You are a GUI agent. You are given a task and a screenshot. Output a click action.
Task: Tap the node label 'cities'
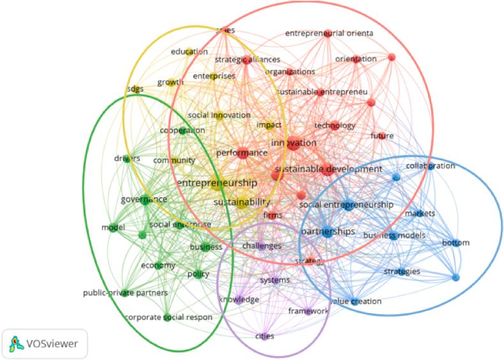[x=265, y=336]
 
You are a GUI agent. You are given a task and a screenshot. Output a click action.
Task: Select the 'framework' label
[x=308, y=311]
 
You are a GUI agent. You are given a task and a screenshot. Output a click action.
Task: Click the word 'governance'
[x=144, y=199]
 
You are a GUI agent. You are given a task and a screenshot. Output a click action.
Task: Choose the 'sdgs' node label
[x=135, y=89]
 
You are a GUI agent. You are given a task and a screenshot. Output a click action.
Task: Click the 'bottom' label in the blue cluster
[x=455, y=243]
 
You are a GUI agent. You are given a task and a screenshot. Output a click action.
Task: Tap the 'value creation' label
[x=355, y=301]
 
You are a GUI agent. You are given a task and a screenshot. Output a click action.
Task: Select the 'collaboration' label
[x=431, y=166]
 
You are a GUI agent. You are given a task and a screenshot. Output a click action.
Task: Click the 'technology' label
[x=334, y=126]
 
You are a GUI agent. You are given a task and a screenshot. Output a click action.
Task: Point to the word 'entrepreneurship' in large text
[x=217, y=183]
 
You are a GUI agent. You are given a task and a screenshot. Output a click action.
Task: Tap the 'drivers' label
[x=126, y=158]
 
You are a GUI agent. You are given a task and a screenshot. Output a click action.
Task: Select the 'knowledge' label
[x=239, y=299]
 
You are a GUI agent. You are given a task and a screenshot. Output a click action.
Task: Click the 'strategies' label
[x=402, y=272]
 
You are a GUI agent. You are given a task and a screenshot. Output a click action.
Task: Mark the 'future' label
[x=382, y=136]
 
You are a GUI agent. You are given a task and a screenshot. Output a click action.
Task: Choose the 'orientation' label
[x=356, y=59]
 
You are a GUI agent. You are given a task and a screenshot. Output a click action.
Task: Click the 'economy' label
[x=158, y=265]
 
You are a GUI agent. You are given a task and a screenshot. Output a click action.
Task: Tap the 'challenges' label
[x=261, y=246]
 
